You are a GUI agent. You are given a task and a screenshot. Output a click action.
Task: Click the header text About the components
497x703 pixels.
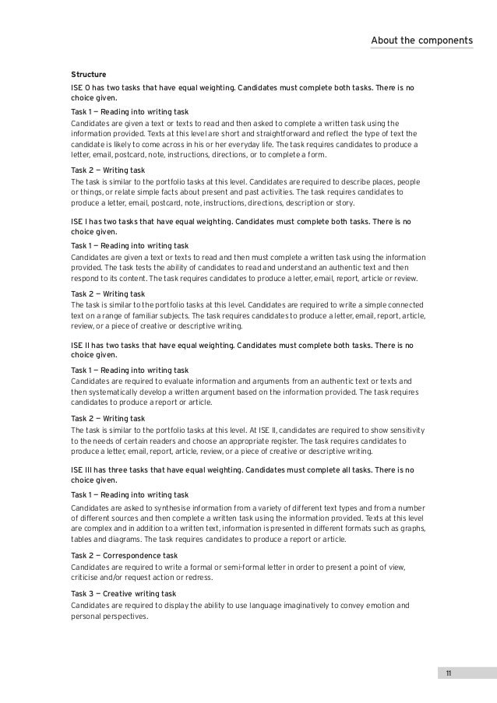pos(421,40)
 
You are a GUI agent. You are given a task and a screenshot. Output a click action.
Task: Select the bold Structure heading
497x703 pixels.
pos(88,75)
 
